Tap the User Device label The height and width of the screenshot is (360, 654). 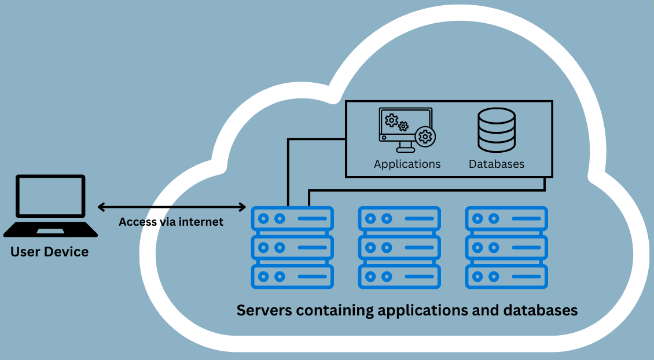click(x=50, y=252)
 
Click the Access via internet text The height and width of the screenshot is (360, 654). click(x=171, y=222)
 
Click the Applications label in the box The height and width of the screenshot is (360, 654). click(x=407, y=164)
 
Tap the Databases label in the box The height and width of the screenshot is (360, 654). click(x=496, y=164)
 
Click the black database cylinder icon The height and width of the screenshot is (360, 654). click(x=496, y=130)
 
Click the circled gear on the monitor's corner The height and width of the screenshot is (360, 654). click(x=425, y=137)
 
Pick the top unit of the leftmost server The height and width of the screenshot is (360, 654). click(x=292, y=219)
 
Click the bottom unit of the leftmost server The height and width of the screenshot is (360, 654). click(x=292, y=276)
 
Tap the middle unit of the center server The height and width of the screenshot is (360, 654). click(x=399, y=247)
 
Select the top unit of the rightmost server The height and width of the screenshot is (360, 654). click(x=506, y=219)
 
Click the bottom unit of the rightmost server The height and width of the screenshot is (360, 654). click(x=506, y=276)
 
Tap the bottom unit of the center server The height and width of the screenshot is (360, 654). click(x=399, y=276)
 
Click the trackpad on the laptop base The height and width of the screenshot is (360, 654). click(x=50, y=232)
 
